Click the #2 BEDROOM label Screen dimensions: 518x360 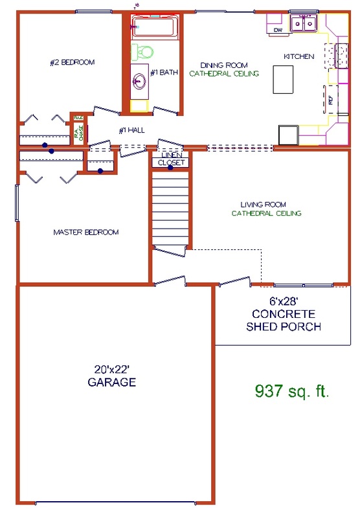(x=73, y=62)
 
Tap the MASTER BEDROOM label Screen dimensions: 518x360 (x=86, y=232)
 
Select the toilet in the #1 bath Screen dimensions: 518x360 (x=144, y=52)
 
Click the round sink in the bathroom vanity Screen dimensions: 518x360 (x=139, y=82)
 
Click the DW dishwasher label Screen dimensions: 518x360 (x=278, y=30)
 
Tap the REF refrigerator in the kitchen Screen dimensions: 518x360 (x=330, y=100)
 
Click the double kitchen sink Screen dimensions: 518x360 (x=303, y=24)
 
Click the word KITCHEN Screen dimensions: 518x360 (x=298, y=56)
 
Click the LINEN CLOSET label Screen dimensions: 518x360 (x=171, y=159)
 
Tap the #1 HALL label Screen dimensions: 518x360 (x=131, y=130)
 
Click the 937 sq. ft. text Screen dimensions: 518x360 (x=291, y=391)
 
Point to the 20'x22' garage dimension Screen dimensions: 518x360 (x=111, y=369)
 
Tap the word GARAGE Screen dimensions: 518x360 (x=111, y=383)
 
